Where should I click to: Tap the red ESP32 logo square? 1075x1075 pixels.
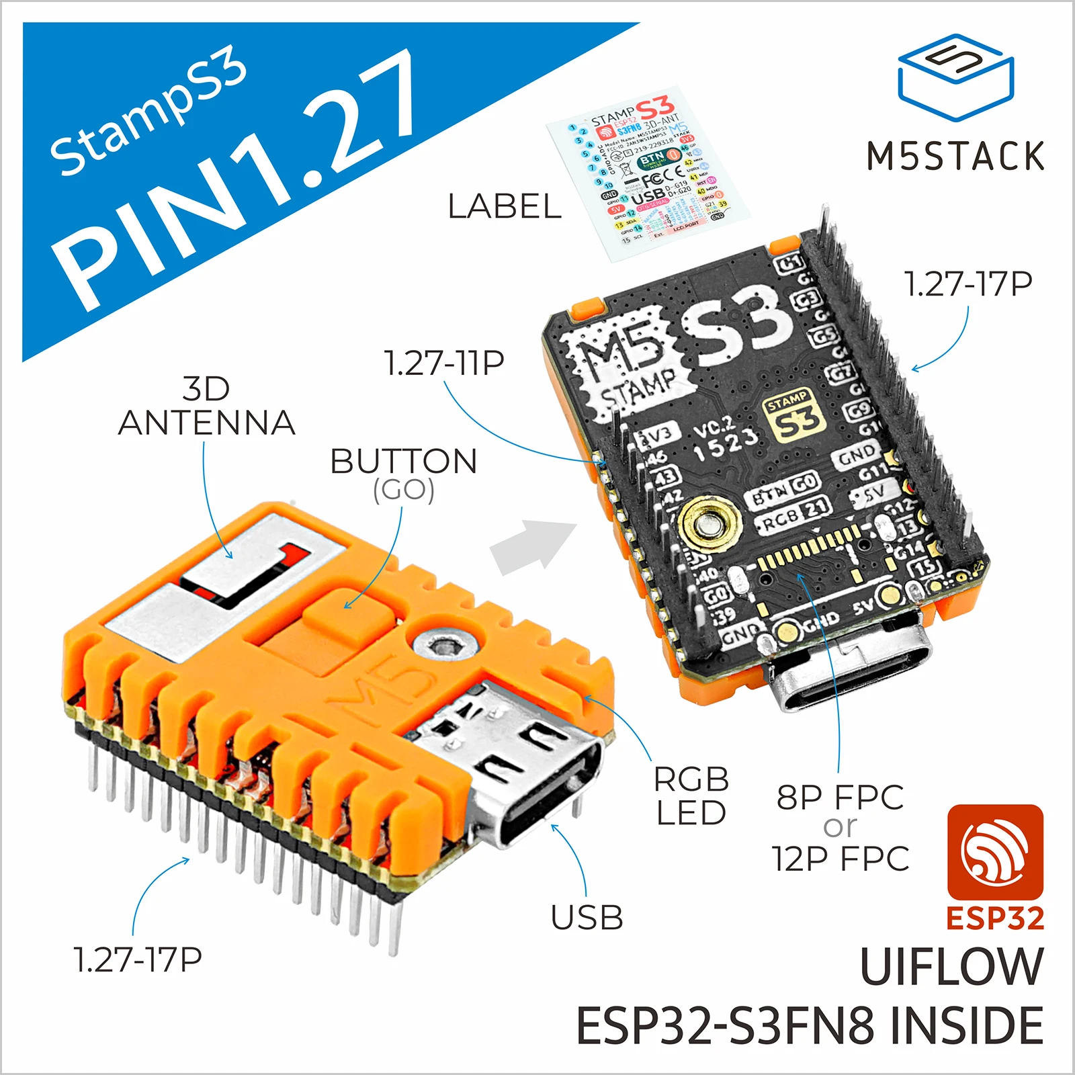[995, 851]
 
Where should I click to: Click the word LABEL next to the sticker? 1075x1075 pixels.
[505, 206]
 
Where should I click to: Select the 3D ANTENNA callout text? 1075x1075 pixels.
[206, 406]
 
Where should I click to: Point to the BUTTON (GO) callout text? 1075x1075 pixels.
[404, 474]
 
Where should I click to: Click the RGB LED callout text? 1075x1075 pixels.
[691, 796]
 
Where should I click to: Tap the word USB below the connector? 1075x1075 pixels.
[587, 917]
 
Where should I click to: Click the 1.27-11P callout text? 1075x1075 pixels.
[444, 363]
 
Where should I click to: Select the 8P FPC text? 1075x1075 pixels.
[840, 798]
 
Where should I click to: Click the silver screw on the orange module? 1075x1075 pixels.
[445, 646]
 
